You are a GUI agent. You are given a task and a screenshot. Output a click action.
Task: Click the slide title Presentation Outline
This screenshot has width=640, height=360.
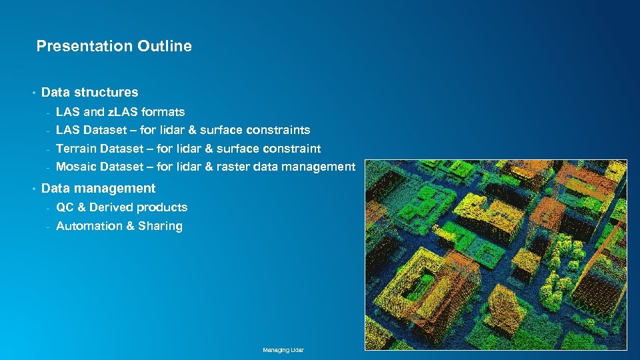(x=114, y=46)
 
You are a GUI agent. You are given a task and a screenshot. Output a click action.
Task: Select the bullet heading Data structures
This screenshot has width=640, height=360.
(x=90, y=92)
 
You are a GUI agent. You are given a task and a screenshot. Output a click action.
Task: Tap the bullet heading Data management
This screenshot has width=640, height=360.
(x=98, y=188)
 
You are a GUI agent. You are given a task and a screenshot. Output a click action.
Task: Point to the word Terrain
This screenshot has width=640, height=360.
(x=76, y=148)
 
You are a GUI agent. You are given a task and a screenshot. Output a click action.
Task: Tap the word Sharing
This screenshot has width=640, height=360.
(x=160, y=226)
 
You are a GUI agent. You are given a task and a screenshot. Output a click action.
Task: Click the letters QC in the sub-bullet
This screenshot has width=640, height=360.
(x=65, y=207)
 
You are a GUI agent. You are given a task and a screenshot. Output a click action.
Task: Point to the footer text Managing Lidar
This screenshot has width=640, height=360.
(x=283, y=350)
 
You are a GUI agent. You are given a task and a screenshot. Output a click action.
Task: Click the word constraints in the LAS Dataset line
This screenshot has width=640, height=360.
(x=278, y=129)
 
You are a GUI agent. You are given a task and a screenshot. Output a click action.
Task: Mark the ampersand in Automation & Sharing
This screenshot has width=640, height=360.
(x=131, y=226)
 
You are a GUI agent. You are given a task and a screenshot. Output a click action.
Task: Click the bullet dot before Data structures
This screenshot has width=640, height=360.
(x=33, y=93)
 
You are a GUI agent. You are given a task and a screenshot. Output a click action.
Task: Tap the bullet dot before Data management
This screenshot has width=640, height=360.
(x=33, y=189)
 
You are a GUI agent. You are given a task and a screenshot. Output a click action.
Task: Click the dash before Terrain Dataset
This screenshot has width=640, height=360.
(x=48, y=149)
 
